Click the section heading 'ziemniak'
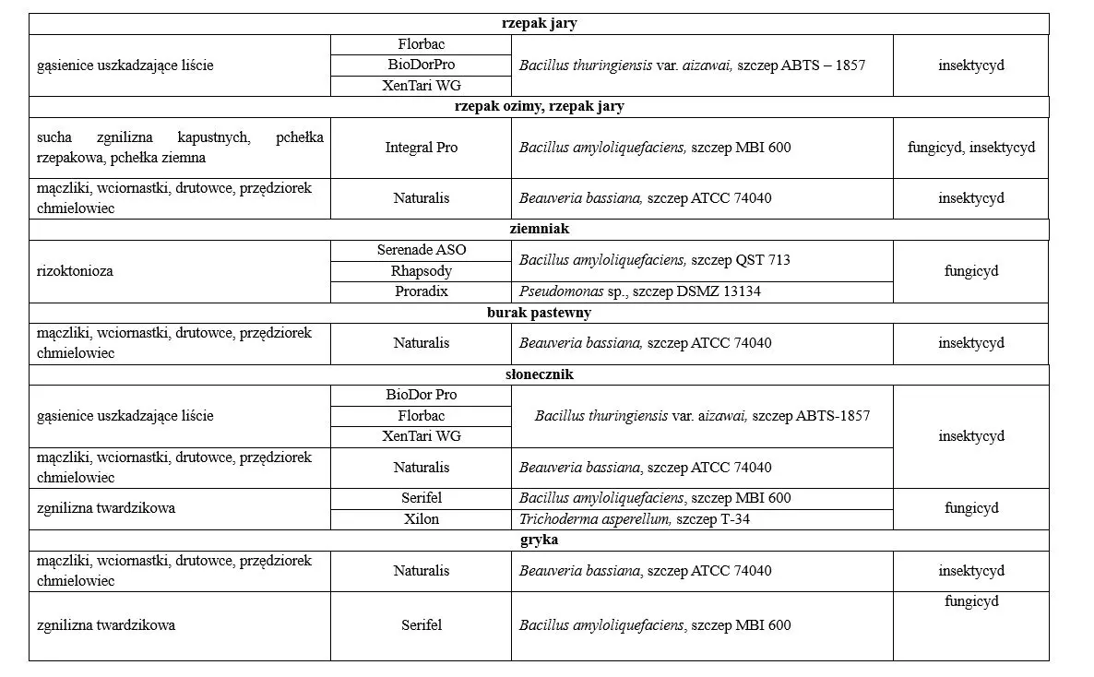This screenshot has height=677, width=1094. pos(539,229)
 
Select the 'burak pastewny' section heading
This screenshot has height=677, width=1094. pos(539,313)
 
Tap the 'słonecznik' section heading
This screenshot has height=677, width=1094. pos(539,374)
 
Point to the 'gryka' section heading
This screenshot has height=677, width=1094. pos(539,540)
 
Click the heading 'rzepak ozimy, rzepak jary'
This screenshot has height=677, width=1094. pos(539,106)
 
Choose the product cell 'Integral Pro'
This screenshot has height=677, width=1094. pos(421,148)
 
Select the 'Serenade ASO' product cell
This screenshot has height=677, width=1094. pos(421,250)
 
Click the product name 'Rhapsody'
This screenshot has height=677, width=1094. pos(421,271)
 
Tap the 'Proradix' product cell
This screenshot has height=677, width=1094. pos(421,291)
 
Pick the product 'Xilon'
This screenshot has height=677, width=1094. pos(421,519)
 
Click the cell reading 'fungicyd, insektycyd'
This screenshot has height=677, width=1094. pos(970,148)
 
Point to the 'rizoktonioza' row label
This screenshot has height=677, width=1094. pos(76,271)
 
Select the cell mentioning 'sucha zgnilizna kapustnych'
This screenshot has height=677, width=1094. pos(180,148)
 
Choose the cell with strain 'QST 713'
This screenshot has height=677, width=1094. pos(655,260)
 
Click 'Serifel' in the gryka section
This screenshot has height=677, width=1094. pos(421,625)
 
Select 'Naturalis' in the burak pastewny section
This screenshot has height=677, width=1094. pos(421,343)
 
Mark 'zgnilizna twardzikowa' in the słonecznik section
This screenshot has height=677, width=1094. pos(106,508)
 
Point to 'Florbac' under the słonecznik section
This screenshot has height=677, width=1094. pos(421,416)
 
